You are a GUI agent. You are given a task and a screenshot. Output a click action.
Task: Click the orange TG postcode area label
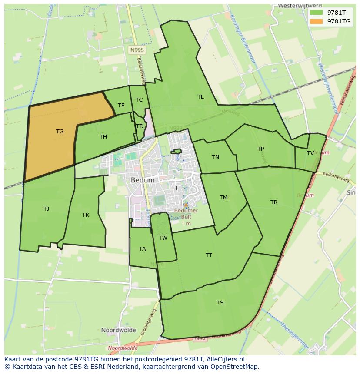(x=60, y=132)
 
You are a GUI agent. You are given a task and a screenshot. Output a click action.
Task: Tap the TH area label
(x=103, y=137)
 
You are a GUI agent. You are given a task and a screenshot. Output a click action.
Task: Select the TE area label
(x=121, y=106)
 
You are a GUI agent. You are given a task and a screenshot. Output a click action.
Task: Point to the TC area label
(x=139, y=100)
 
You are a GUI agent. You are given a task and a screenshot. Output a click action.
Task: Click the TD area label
(x=140, y=126)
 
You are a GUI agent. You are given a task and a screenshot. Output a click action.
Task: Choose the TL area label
(x=200, y=97)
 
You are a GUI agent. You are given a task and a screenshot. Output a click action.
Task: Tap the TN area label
(x=215, y=157)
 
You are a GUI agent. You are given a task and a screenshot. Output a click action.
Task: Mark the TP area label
(x=260, y=149)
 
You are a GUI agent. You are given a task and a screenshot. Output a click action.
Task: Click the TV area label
(x=310, y=153)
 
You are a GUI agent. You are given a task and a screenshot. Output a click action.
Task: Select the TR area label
(x=274, y=202)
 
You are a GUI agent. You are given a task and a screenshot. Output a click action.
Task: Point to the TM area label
(x=223, y=198)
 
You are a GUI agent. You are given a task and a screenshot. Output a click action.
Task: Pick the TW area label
(x=163, y=238)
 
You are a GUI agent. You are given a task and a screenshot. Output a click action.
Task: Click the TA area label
(x=143, y=249)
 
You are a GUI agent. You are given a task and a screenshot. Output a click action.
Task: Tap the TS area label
(x=220, y=303)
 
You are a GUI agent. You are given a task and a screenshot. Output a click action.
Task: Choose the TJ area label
(x=46, y=209)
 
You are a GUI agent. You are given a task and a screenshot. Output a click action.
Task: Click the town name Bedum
(x=142, y=180)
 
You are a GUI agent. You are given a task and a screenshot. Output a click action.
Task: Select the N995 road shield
(x=137, y=50)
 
